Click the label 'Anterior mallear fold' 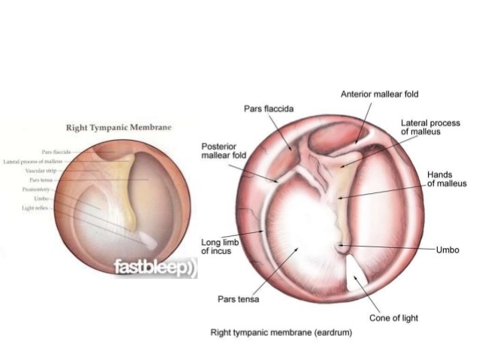click(379, 95)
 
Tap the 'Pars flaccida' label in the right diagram click(268, 109)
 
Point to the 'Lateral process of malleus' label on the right click(430, 127)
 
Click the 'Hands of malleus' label click(447, 179)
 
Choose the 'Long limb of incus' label click(218, 247)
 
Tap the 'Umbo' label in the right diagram click(447, 250)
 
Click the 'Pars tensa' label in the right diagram click(238, 299)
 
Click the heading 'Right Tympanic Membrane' click(119, 128)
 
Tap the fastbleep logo click(155, 268)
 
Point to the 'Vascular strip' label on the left click(41, 171)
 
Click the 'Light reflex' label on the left click(38, 207)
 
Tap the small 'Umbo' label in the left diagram click(41, 198)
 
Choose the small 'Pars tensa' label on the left click(40, 180)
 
